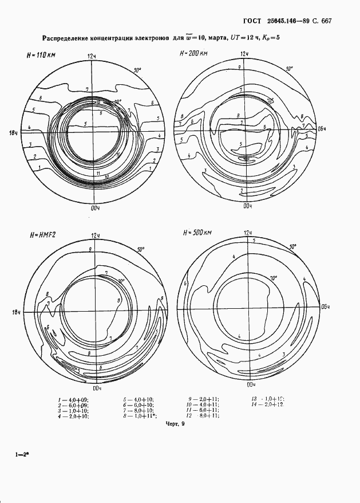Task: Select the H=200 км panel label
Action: (193, 53)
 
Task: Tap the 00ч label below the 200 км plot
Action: (247, 205)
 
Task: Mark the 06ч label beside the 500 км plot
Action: (325, 305)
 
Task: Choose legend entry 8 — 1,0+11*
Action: (138, 416)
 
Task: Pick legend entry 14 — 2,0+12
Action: (270, 404)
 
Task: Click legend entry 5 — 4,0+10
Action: (138, 399)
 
